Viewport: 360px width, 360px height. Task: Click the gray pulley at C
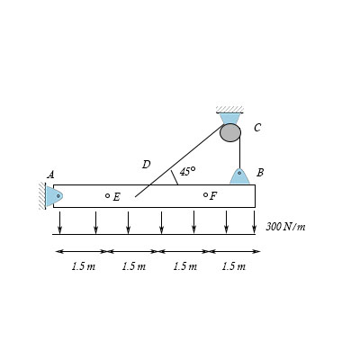pos(230,132)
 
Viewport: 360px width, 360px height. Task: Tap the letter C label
pos(257,128)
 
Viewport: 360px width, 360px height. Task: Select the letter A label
pos(50,175)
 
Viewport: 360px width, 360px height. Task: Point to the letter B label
pos(260,172)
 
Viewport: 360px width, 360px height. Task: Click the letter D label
pos(146,165)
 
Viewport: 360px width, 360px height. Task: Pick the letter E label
pos(117,197)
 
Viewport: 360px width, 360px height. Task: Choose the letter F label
pos(213,196)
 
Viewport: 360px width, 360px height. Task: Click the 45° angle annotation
pos(187,171)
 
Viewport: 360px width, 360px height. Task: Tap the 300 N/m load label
pos(285,226)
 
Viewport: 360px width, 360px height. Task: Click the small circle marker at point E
pos(107,195)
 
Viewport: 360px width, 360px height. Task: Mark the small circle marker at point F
pos(205,194)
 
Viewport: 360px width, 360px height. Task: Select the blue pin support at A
pos(54,195)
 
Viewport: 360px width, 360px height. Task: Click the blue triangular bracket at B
pos(239,175)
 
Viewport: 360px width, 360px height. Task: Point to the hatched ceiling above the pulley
pos(230,109)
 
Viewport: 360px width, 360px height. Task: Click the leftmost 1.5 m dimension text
pos(83,266)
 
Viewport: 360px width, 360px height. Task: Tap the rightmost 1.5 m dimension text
pos(234,266)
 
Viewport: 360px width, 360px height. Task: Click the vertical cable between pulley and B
pos(239,154)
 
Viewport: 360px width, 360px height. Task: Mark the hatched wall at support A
pos(42,195)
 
